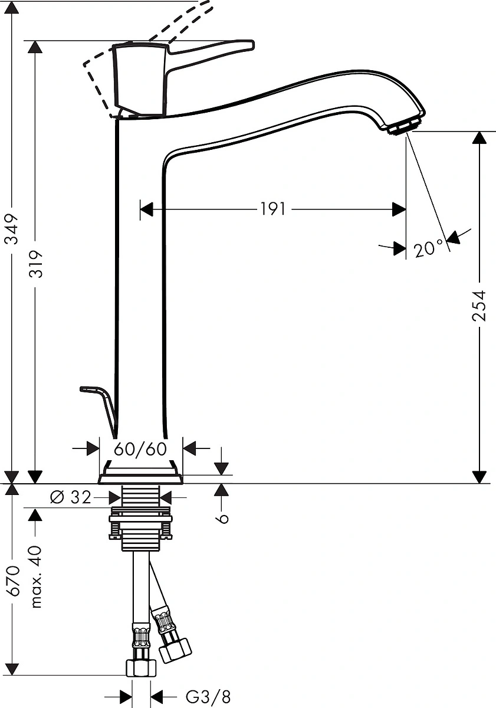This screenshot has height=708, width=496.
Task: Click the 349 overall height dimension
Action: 12,230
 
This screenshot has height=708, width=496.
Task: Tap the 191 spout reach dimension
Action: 272,209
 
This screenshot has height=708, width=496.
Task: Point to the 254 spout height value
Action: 479,306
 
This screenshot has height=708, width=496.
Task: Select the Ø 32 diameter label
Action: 70,497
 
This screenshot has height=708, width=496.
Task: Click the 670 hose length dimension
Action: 12,581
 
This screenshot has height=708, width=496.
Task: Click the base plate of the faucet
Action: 140,479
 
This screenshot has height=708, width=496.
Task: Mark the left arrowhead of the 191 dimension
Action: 146,209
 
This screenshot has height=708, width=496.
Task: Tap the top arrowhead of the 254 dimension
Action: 479,138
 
